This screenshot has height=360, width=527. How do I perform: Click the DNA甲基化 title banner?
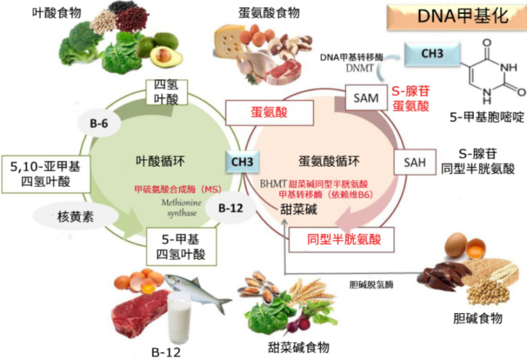[x=455, y=17]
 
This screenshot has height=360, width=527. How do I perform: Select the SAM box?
[x=366, y=97]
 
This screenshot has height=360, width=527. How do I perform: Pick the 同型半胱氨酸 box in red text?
[x=343, y=238]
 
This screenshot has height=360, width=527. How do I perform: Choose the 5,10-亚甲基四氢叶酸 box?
[x=44, y=173]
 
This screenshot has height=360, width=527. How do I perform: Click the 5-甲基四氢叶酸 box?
[x=181, y=246]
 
